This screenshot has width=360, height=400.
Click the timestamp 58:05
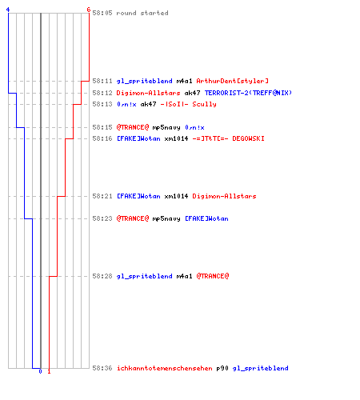point(102,13)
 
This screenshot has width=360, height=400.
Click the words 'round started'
point(142,13)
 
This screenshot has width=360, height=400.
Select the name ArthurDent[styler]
point(233,81)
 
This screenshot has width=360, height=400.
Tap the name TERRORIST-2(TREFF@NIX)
point(248,93)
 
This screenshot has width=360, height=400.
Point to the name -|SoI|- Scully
point(188,104)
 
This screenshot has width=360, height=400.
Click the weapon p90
point(222,369)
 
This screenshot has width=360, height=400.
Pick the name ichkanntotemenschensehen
point(165,368)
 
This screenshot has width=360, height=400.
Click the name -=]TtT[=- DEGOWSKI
point(229,138)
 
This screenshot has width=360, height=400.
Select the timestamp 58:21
point(102,196)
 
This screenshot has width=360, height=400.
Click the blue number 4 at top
point(8,10)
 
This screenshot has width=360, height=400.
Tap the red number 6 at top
point(89,10)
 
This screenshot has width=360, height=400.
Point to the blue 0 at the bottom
point(40,371)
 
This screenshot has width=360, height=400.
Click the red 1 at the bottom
point(49,371)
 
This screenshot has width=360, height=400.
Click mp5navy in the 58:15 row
point(166,128)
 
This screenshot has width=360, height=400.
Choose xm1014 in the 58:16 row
point(176,138)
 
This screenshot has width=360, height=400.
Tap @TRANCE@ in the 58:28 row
point(213,276)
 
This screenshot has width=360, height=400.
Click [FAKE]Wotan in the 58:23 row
point(206,218)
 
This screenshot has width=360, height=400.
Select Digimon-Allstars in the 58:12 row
point(148,93)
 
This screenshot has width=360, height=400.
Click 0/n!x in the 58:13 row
point(126,104)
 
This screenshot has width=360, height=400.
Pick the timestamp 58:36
point(102,368)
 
